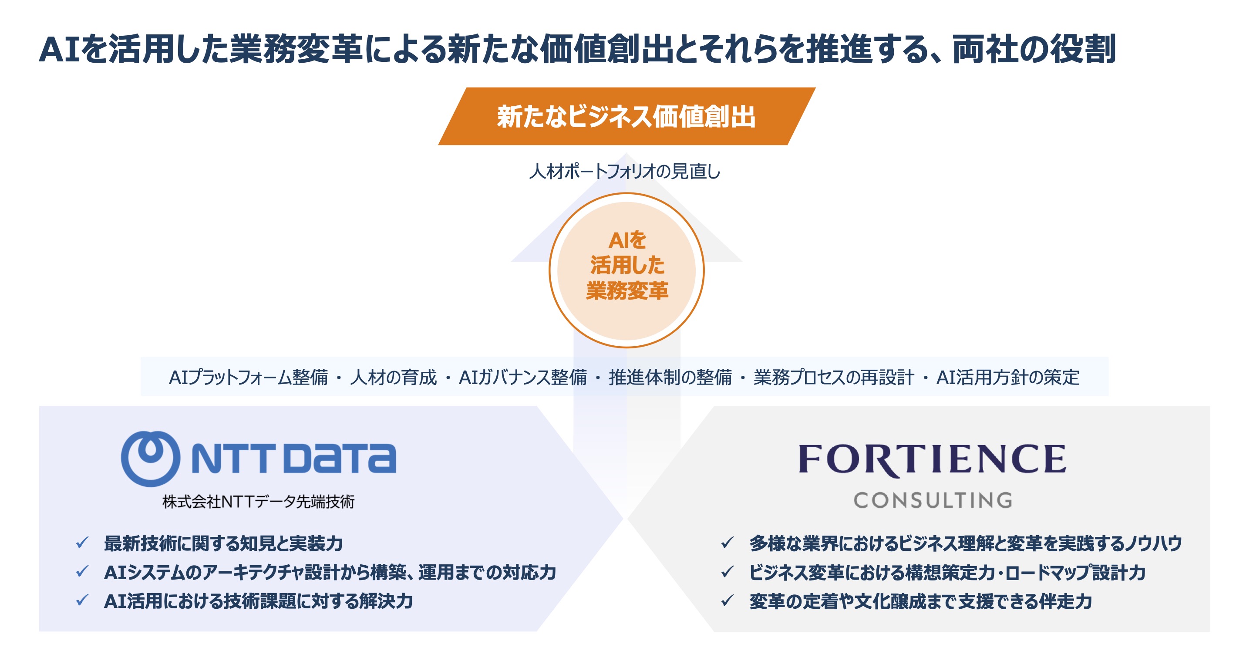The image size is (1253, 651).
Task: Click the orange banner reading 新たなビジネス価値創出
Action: (626, 116)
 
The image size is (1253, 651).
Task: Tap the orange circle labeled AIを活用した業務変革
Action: (626, 270)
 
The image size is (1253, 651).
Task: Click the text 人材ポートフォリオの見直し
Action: (625, 171)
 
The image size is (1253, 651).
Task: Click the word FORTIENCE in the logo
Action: (932, 459)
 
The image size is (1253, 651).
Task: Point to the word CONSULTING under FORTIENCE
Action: (933, 500)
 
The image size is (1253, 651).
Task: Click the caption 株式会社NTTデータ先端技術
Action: (258, 501)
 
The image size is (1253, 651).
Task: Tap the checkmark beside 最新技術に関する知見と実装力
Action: (82, 543)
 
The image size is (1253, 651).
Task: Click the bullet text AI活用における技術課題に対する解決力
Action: (258, 601)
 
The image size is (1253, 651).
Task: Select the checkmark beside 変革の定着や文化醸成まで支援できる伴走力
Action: (728, 601)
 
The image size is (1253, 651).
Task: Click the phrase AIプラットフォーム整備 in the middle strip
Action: (248, 377)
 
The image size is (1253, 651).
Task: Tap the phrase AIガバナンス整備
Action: (523, 377)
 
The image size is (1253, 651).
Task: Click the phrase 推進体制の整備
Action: (670, 377)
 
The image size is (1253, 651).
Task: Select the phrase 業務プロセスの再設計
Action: (834, 377)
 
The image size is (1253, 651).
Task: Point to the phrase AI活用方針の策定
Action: (1008, 377)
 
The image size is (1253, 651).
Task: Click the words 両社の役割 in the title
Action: (1034, 49)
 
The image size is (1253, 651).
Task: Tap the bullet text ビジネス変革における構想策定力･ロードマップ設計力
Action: (947, 572)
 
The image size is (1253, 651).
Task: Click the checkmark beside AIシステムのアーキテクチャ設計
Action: (82, 572)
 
